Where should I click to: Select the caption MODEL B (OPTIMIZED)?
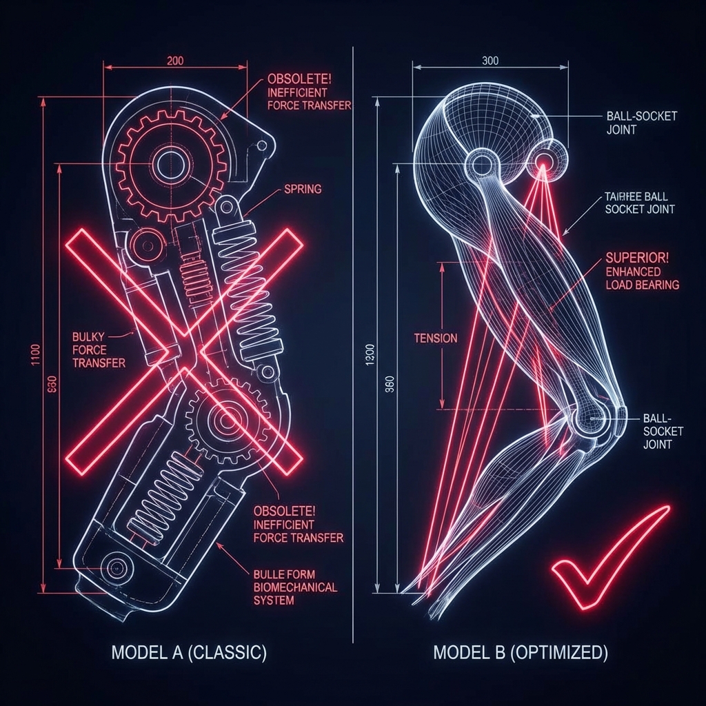point(521,652)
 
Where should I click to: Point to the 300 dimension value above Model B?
point(490,61)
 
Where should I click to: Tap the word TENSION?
point(435,338)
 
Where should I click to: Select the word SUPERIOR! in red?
point(634,257)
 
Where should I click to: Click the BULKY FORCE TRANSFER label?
point(99,350)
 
